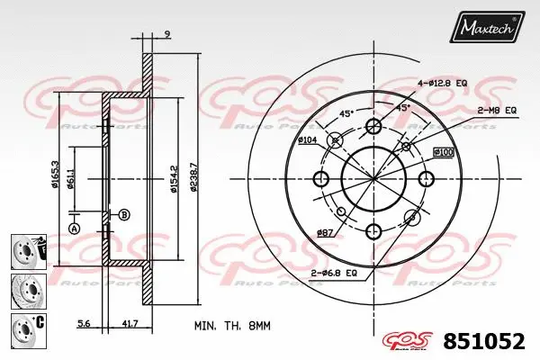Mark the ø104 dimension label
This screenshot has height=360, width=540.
[308, 141]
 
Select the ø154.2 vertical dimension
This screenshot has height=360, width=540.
[174, 181]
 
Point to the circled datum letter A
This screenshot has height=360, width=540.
[74, 229]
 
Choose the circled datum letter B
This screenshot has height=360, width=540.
[123, 213]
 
